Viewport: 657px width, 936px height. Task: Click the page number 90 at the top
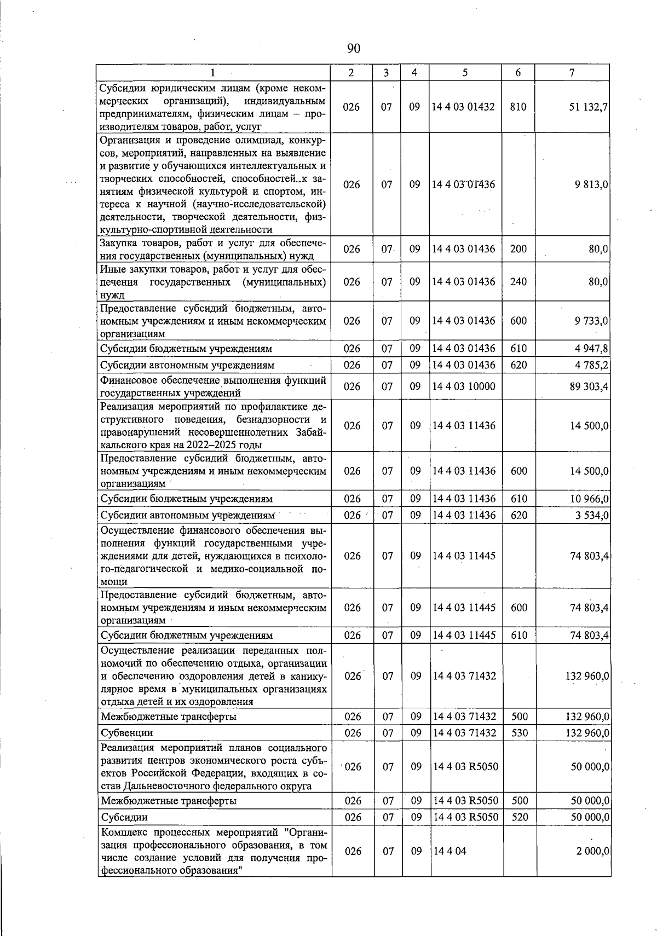tap(354, 49)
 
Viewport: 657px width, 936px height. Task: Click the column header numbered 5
tap(464, 73)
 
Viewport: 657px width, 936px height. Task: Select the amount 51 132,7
tap(589, 107)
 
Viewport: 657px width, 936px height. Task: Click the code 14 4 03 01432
tap(463, 107)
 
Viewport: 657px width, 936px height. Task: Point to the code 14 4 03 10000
tap(463, 387)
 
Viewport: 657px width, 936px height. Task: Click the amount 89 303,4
tap(590, 387)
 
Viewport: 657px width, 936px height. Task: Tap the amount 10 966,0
tap(590, 499)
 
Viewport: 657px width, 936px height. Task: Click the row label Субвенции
tap(127, 733)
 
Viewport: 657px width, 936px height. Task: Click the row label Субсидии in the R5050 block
tap(124, 817)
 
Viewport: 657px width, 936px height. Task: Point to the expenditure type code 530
tap(518, 733)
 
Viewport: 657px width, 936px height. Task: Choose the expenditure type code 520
tap(518, 817)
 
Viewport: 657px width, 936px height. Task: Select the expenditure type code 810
tap(518, 107)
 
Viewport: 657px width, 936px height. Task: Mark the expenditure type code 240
tap(518, 282)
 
